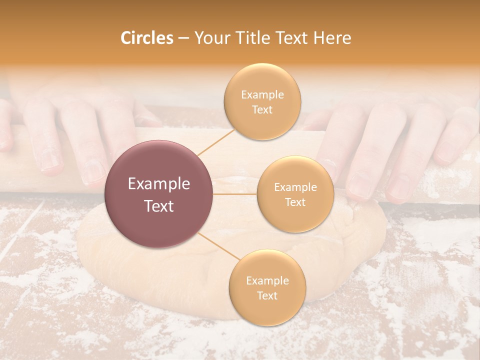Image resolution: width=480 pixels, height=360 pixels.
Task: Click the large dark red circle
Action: point(159,194)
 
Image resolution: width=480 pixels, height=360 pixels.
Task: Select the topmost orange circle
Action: point(262,102)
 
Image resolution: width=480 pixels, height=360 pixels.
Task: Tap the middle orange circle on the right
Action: point(295,194)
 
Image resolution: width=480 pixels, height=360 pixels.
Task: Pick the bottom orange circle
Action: point(267,287)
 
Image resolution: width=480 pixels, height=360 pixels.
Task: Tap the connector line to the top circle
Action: point(216,141)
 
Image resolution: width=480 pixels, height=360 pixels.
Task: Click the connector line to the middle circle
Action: point(235,194)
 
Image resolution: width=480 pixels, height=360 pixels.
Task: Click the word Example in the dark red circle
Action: point(159,184)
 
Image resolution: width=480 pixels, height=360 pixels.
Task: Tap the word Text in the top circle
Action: point(262,109)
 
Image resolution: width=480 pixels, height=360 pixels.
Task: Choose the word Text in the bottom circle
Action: point(267,295)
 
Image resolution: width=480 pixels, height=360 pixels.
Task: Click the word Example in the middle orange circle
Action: point(295,187)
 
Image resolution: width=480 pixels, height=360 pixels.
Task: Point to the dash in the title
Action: point(183,38)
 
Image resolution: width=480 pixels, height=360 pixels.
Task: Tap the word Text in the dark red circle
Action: point(159,205)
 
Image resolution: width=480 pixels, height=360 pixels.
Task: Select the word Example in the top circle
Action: point(262,94)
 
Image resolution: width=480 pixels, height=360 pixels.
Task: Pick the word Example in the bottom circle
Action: point(267,280)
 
